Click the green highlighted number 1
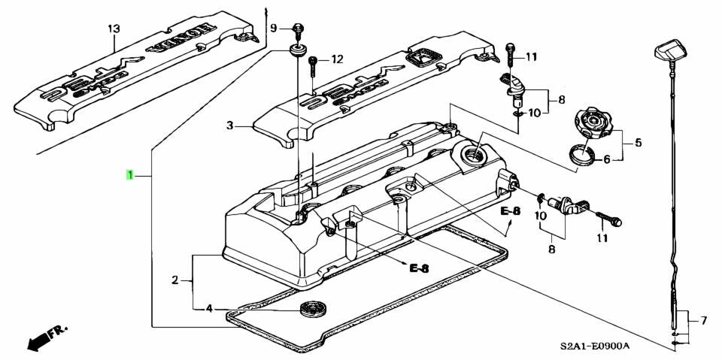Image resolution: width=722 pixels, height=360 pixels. pos(130,175)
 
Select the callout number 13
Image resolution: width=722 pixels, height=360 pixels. pos(113,29)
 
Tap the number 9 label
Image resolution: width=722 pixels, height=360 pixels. pos(274,28)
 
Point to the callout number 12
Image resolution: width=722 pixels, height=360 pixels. pos(336,59)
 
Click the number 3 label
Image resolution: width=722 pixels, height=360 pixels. pos(232,126)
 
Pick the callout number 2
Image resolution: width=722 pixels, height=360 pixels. pos(174,280)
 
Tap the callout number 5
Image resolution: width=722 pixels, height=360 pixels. pos(638,141)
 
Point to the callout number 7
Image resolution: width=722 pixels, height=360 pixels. pos(704,321)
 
